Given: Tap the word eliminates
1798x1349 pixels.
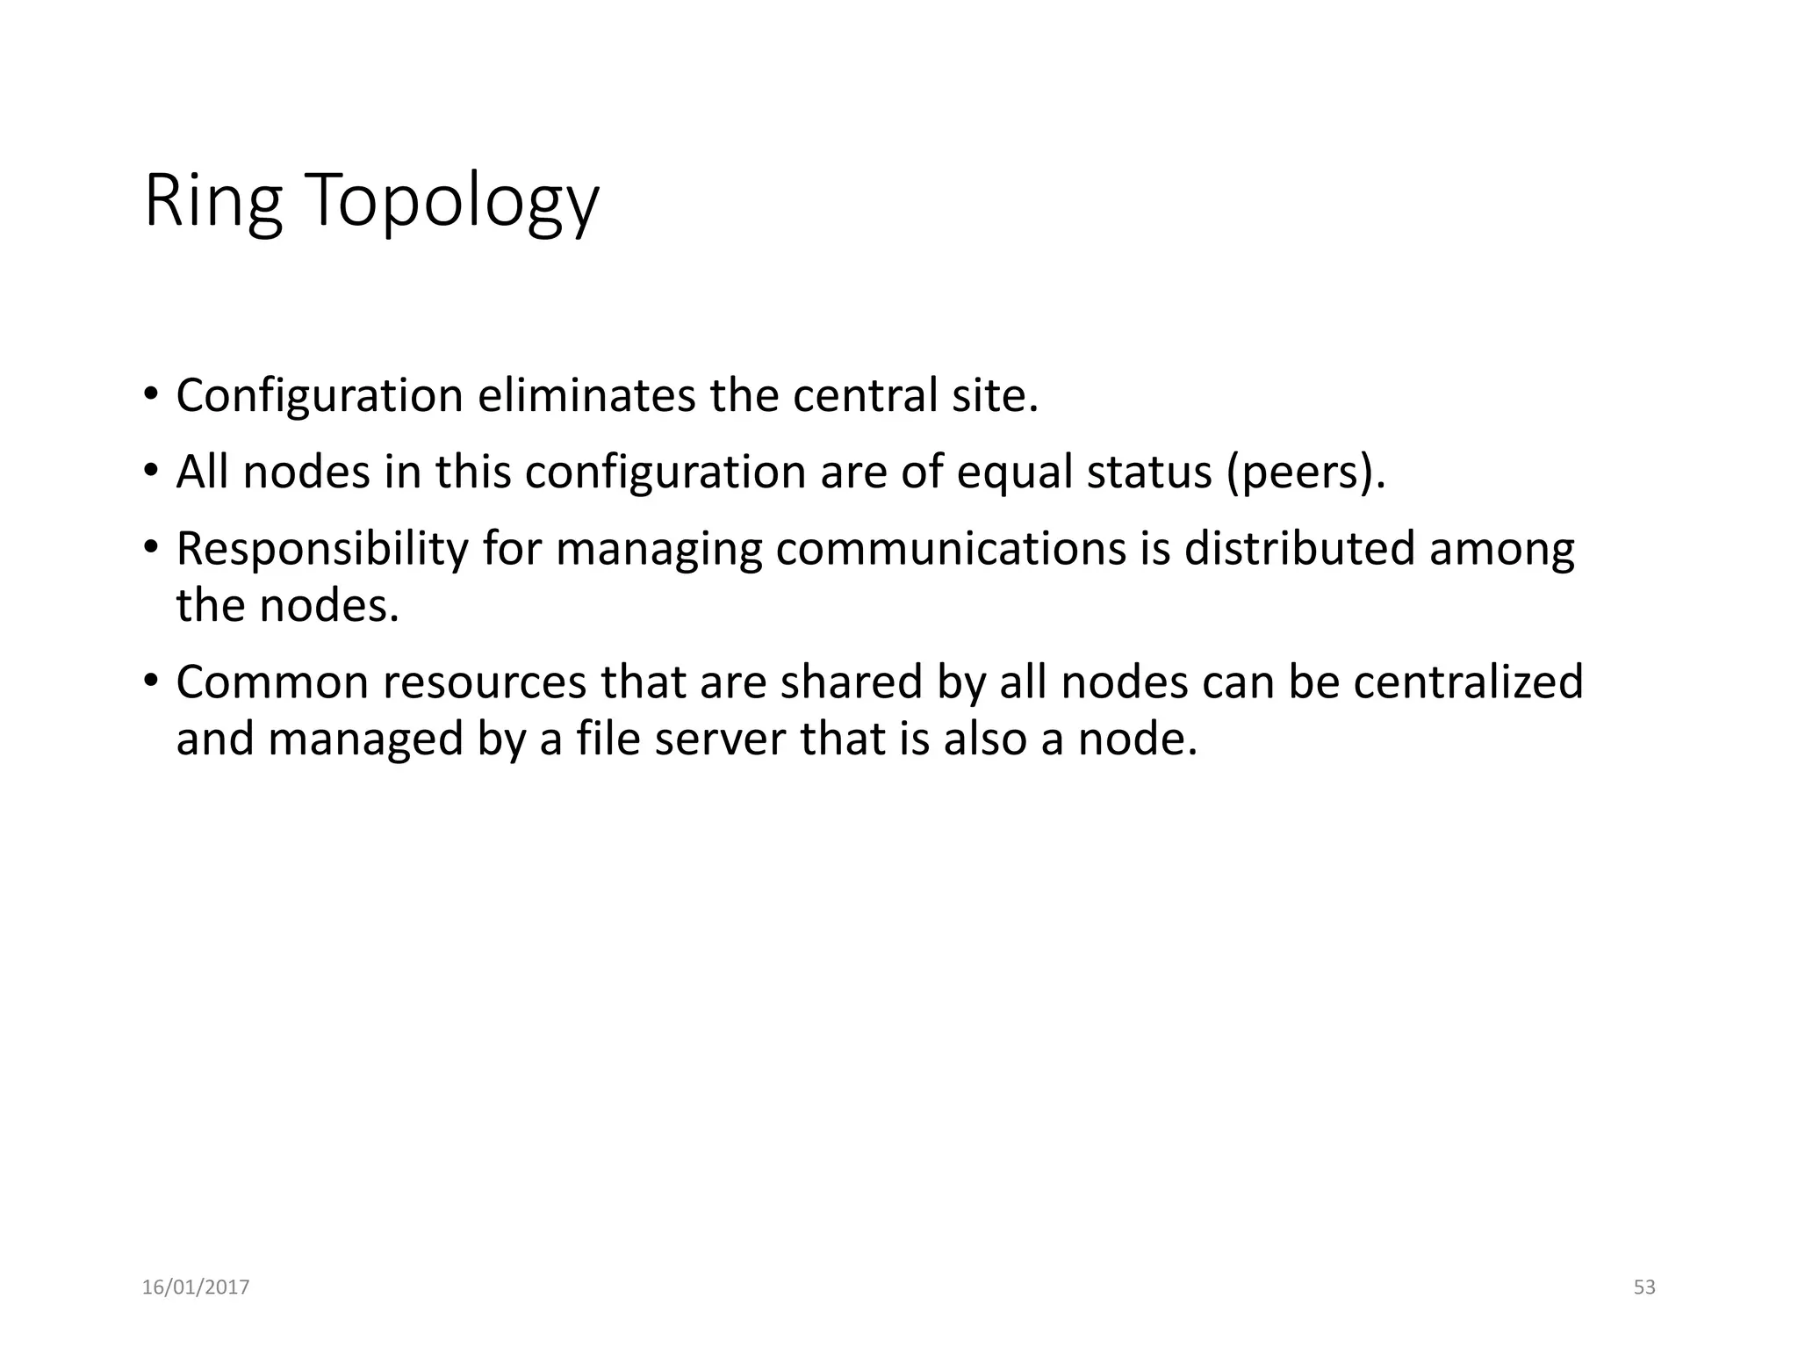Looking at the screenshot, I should [x=586, y=395].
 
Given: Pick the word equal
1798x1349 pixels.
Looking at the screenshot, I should [x=1015, y=473].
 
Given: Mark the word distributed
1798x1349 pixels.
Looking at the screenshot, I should [x=1299, y=549].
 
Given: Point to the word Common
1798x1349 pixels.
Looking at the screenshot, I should [x=272, y=682].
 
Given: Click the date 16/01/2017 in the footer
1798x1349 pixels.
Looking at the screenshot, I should [x=196, y=1288].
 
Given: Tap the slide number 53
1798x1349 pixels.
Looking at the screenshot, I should [x=1644, y=1288].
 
